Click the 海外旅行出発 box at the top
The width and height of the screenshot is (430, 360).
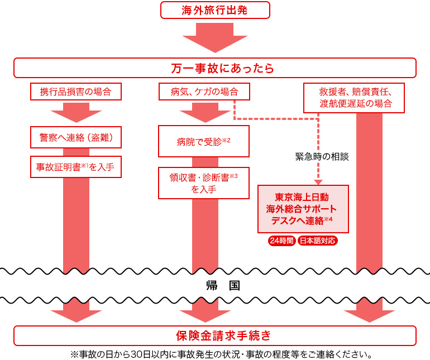pyautogui.click(x=215, y=10)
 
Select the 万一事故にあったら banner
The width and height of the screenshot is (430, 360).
pyautogui.click(x=215, y=68)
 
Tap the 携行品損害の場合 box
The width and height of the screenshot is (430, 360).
pyautogui.click(x=75, y=92)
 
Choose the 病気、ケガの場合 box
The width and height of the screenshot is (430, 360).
pyautogui.click(x=204, y=92)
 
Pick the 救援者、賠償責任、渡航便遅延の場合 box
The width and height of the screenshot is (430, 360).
pyautogui.click(x=355, y=98)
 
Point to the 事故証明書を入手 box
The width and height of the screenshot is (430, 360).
pyautogui.click(x=75, y=166)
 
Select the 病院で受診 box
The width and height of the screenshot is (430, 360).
pyautogui.click(x=204, y=141)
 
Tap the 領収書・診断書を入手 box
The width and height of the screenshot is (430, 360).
pyautogui.click(x=204, y=183)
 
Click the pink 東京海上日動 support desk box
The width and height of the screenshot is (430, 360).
pyautogui.click(x=303, y=209)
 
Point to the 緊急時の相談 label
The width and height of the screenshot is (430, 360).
pyautogui.click(x=322, y=157)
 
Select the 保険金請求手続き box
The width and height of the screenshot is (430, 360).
pyautogui.click(x=215, y=335)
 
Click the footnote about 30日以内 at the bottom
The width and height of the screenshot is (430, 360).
pyautogui.click(x=221, y=354)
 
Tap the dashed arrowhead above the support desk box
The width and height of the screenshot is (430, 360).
pyautogui.click(x=318, y=182)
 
